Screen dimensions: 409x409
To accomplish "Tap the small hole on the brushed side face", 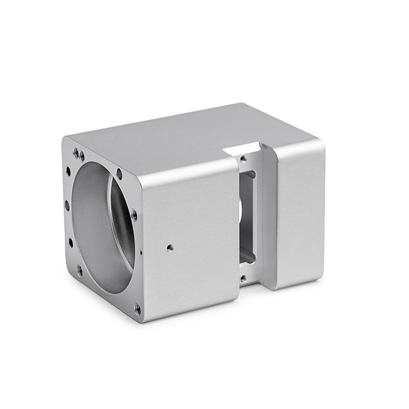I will point(170,248).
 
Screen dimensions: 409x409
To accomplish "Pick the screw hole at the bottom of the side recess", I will point(243,279).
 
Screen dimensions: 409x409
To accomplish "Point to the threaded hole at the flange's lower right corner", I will point(137,308).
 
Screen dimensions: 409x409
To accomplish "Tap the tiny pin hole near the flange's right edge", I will point(141,253).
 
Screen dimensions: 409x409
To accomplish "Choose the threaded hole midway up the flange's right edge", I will point(134,215).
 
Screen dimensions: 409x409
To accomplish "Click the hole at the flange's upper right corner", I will point(119,174).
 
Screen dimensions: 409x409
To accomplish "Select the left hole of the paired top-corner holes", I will point(76,152).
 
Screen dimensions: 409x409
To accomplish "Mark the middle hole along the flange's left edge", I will point(67,206).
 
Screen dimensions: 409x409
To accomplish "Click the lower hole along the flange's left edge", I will point(71,242).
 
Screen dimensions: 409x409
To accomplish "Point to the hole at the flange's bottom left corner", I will point(80,270).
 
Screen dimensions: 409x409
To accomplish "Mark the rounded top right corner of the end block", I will point(320,144).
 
